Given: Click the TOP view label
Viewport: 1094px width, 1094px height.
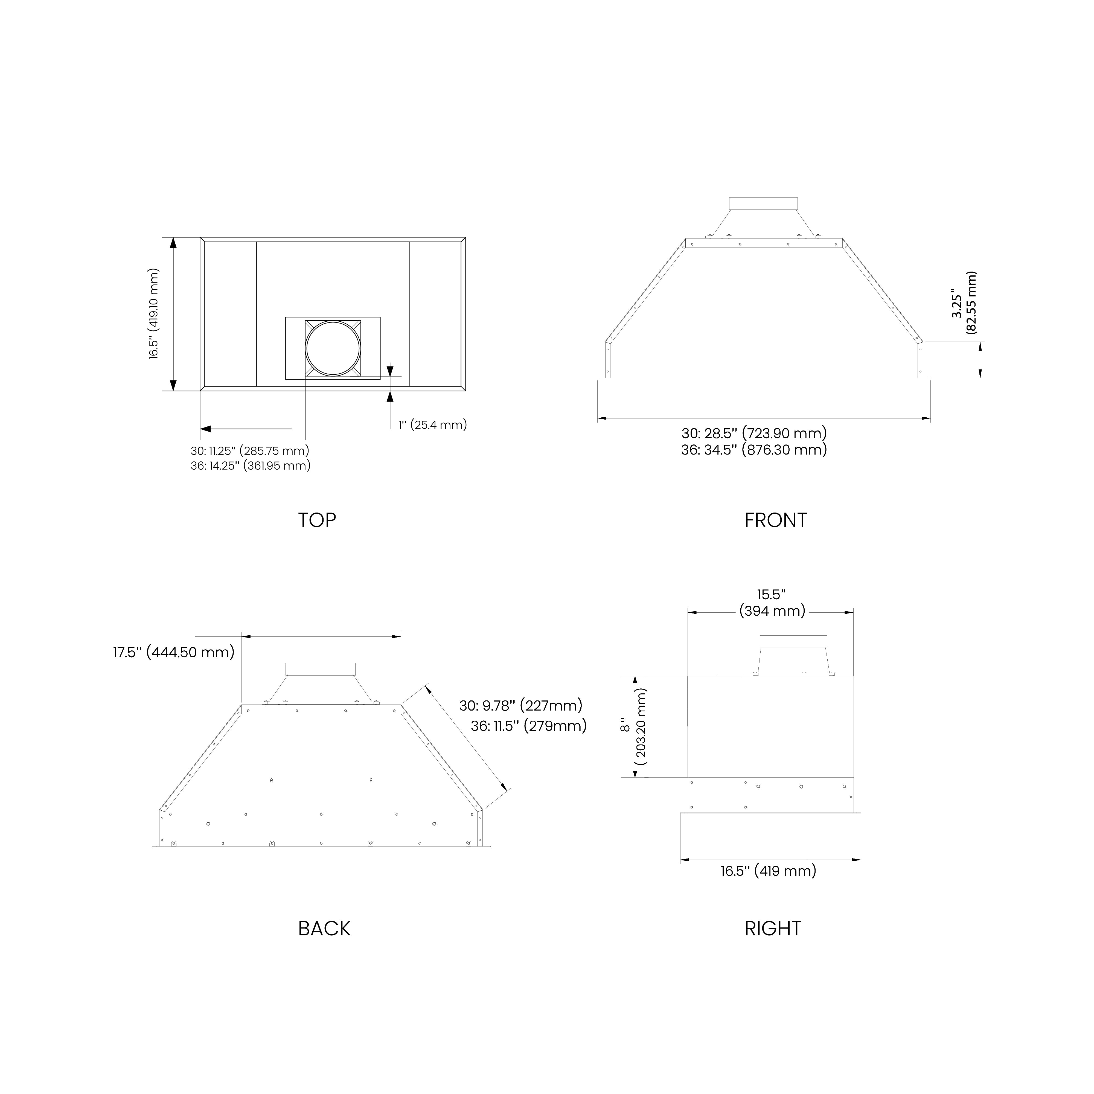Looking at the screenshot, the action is click(317, 520).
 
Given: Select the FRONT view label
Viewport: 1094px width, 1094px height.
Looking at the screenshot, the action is click(775, 520).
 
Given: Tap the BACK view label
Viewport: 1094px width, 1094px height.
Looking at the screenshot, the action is click(324, 929).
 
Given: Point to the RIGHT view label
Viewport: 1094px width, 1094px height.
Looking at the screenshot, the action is click(772, 929).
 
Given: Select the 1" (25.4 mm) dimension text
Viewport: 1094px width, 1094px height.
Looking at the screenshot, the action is click(433, 425).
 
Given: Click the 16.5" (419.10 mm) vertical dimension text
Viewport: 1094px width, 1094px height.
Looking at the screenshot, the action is click(154, 314).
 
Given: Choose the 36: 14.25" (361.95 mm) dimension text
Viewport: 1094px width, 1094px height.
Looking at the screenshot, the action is click(250, 465).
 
